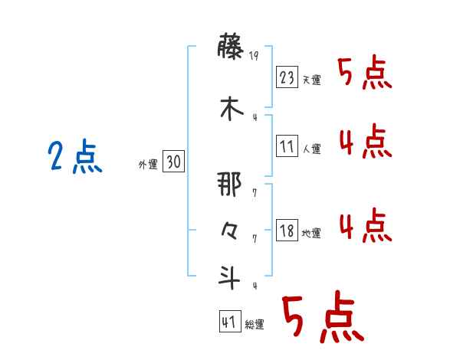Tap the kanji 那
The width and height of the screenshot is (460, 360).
coord(230,186)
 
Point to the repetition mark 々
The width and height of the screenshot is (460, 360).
coord(230,231)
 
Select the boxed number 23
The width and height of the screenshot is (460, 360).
coord(287,77)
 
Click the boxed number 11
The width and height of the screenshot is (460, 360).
coord(287,146)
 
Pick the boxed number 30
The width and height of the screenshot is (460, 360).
coord(173,162)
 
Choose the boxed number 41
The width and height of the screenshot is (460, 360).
coord(229,322)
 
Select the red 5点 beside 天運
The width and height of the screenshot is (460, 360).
coord(365,74)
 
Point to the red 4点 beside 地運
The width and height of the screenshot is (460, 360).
coord(365,225)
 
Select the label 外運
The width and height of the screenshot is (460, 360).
coord(148,164)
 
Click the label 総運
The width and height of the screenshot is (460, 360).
coord(254,325)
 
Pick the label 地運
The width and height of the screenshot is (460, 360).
coord(312,234)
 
